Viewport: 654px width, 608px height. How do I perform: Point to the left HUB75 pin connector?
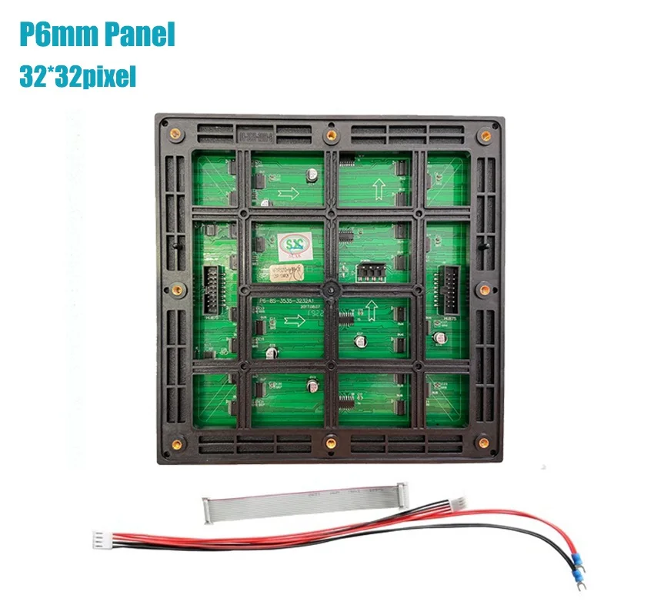pyautogui.click(x=209, y=284)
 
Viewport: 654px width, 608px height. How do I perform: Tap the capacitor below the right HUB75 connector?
pyautogui.click(x=440, y=337)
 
